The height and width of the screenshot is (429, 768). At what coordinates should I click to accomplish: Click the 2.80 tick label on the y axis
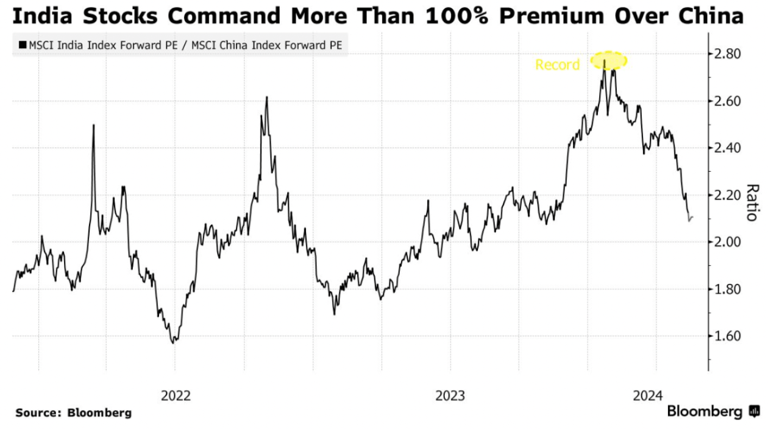[x=728, y=54]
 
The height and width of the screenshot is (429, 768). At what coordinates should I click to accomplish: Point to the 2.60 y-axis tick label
[x=728, y=101]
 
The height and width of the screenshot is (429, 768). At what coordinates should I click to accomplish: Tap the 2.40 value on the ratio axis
[x=728, y=148]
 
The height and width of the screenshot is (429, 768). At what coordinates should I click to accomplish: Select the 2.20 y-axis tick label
[x=728, y=195]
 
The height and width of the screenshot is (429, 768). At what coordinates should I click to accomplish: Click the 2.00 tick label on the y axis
[x=728, y=242]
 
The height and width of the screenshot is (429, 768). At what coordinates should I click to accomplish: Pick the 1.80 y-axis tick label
[x=728, y=289]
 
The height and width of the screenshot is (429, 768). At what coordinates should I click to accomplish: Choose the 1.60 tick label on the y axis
[x=728, y=336]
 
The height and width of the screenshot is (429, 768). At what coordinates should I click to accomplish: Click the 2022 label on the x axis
[x=176, y=395]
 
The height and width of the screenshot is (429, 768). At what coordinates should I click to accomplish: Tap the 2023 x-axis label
[x=450, y=395]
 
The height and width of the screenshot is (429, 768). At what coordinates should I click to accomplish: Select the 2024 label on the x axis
[x=649, y=395]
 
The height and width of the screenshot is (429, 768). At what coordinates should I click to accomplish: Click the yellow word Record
[x=557, y=65]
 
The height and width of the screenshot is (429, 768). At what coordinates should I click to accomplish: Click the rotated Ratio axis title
[x=752, y=203]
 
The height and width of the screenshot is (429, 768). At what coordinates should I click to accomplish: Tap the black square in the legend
[x=23, y=44]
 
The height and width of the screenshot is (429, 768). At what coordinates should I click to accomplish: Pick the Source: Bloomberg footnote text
[x=73, y=413]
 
